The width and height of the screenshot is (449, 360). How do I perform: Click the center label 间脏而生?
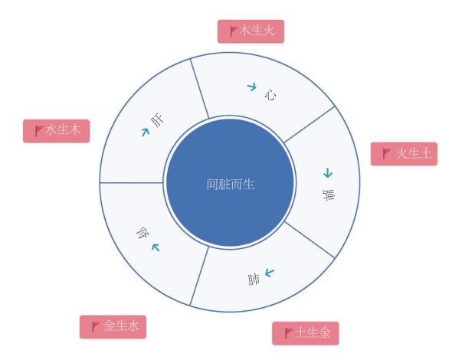(x=231, y=185)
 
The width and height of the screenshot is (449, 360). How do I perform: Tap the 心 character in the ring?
(x=270, y=95)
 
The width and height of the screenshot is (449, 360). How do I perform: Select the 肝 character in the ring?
(x=157, y=120)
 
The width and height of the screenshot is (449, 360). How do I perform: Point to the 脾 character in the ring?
(x=329, y=195)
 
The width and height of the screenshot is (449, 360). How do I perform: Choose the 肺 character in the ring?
(x=254, y=280)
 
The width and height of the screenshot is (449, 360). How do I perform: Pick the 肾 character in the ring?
(x=143, y=233)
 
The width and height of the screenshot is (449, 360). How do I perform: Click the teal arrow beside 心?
(x=252, y=87)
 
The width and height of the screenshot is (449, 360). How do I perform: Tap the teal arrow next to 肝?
(x=146, y=132)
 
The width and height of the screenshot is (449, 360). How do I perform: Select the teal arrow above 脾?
(x=328, y=173)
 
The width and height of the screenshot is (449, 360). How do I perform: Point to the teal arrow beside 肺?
(x=270, y=273)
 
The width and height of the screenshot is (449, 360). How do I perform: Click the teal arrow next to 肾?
(x=156, y=247)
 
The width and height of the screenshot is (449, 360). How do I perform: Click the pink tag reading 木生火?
(x=251, y=31)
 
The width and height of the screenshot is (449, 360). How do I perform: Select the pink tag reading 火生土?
(x=404, y=154)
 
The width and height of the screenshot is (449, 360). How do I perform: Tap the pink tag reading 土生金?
(x=306, y=333)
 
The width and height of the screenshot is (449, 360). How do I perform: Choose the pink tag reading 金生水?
(x=113, y=327)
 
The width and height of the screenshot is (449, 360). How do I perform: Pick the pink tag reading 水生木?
(x=57, y=131)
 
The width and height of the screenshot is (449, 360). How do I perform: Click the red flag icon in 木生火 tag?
(x=234, y=31)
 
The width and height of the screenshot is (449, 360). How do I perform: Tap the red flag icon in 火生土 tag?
(x=387, y=154)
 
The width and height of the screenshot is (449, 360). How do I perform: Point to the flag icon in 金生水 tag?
(x=96, y=327)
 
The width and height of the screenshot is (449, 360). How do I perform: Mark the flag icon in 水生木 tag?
(x=40, y=131)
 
